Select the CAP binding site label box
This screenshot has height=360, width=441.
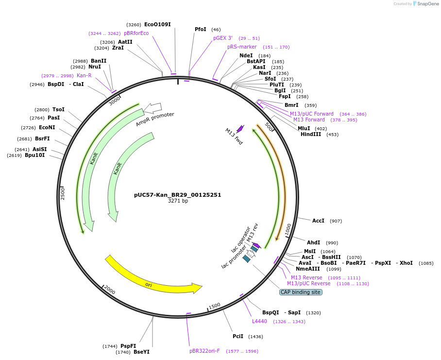coord(301,292)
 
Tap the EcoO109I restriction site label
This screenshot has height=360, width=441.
coord(157,24)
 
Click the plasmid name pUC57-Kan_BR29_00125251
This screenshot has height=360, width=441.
coord(177,195)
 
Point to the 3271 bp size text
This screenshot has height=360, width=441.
coord(178,201)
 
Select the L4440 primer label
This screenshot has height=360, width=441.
coord(259,321)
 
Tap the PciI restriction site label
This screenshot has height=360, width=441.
coord(237,336)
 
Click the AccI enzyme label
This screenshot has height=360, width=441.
coord(318,221)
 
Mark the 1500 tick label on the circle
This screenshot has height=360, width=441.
coord(214,306)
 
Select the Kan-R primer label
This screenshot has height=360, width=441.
coord(84,75)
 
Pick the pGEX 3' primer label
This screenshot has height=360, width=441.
coord(223,38)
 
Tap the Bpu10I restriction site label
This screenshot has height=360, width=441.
coord(34,155)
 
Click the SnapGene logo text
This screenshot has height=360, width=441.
coord(425,4)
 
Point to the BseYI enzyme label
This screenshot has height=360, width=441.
coord(141,352)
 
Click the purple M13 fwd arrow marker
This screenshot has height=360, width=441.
coord(240,129)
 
